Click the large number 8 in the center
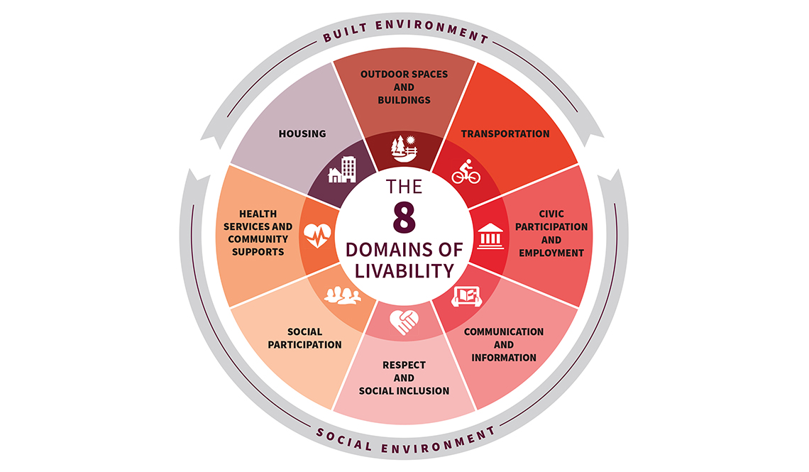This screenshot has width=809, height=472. pos(404,217)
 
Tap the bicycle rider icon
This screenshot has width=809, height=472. pos(466,171)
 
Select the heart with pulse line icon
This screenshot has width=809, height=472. pos(317,235)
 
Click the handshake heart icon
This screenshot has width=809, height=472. pos(404,322)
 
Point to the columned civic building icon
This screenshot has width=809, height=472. pos(490,236)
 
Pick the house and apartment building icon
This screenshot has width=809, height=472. pos(342,170)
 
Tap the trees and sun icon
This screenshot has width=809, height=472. pos(404,148)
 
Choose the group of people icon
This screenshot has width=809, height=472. pos(342,295)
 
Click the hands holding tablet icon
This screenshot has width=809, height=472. pos(466,296)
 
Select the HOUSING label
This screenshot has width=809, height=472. pos(302,133)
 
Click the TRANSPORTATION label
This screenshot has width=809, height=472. pos(505,133)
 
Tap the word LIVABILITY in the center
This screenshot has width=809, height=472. pos(404,271)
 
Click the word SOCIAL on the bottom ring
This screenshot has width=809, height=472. pos(343,439)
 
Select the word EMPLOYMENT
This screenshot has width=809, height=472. pos(551,253)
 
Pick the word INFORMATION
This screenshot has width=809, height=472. pos(504,358)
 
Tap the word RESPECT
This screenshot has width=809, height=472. pos(404,365)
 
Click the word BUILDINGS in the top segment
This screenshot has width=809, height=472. pos(404,100)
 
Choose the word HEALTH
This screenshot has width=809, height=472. pos(258,214)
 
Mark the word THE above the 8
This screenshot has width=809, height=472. pos(404,187)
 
